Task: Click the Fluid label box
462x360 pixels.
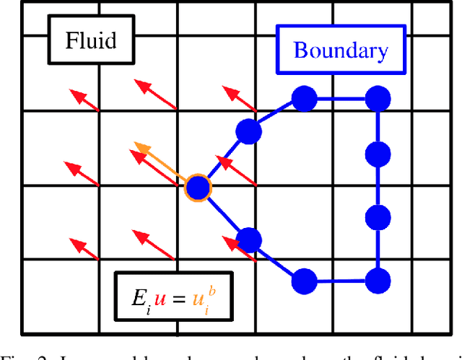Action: [x=91, y=39]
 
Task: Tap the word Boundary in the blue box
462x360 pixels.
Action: [x=340, y=51]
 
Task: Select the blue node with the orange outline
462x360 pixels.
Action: [x=197, y=188]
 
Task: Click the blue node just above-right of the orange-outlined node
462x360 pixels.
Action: [x=248, y=131]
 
